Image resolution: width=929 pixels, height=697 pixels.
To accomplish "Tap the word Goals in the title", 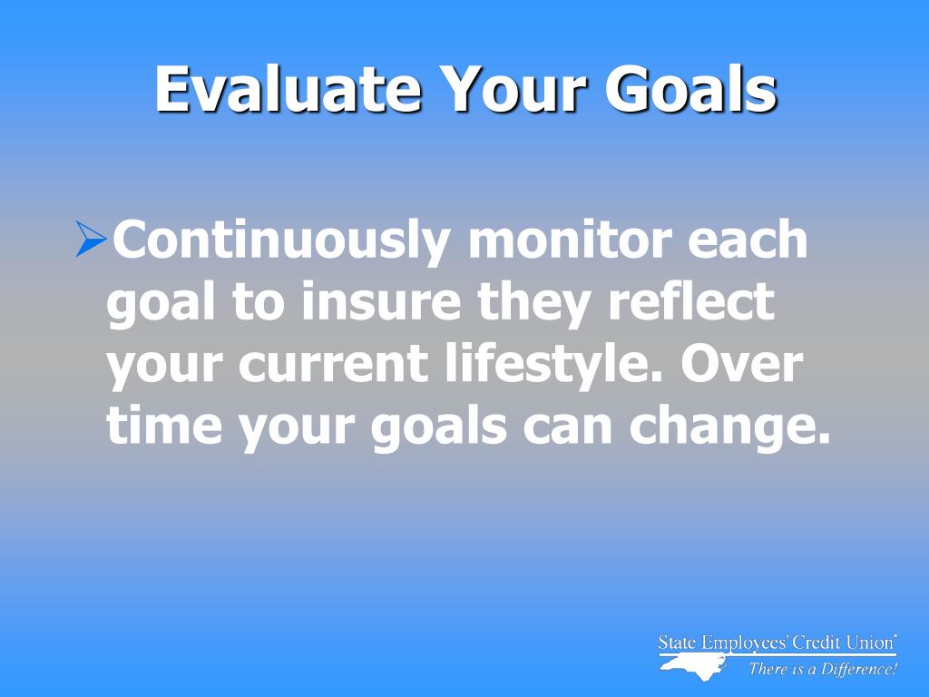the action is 690,89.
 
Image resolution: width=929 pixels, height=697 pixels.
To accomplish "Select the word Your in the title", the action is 515,89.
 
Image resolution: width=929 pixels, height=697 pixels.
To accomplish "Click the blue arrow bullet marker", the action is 92,239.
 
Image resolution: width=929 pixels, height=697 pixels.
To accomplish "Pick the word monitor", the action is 570,239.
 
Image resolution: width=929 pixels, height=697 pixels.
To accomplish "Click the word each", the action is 748,239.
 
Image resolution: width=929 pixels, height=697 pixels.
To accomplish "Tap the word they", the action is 534,303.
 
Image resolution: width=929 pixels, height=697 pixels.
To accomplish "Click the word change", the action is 729,427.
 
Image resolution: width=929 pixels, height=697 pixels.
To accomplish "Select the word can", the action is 567,427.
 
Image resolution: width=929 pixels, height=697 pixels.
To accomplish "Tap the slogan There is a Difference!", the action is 823,669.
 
